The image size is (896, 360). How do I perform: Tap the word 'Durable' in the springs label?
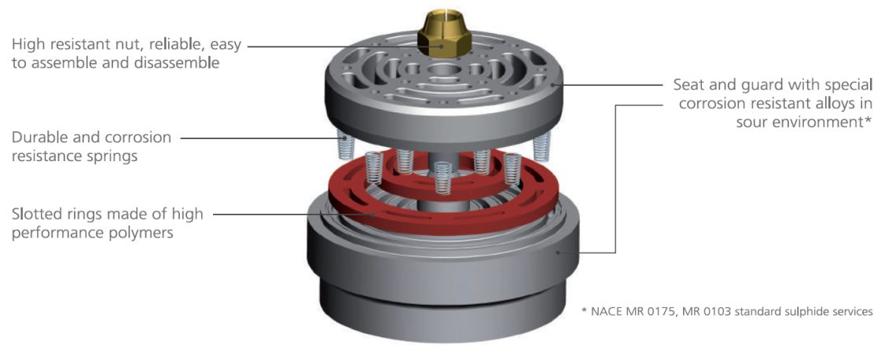42,138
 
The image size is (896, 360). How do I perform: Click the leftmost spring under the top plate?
342,144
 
